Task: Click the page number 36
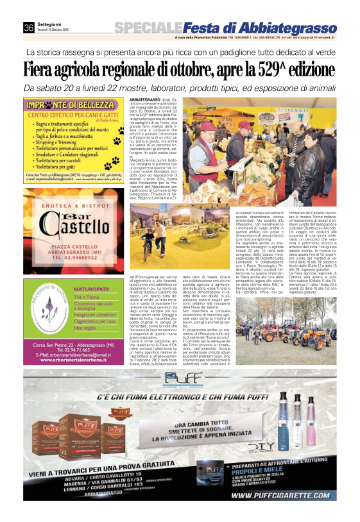[28, 27]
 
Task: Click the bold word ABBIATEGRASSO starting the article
[144, 100]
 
